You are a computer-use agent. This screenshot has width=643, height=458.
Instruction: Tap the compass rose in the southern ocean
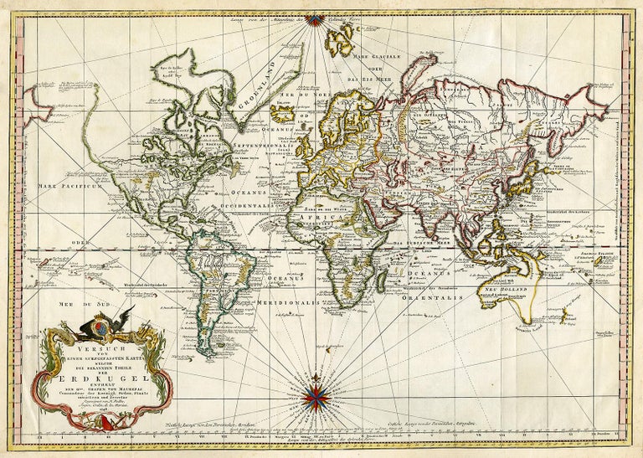(316, 397)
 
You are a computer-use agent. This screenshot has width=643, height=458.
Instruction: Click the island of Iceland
(283, 113)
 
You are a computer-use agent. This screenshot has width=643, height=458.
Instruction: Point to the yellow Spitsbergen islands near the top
(342, 38)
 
